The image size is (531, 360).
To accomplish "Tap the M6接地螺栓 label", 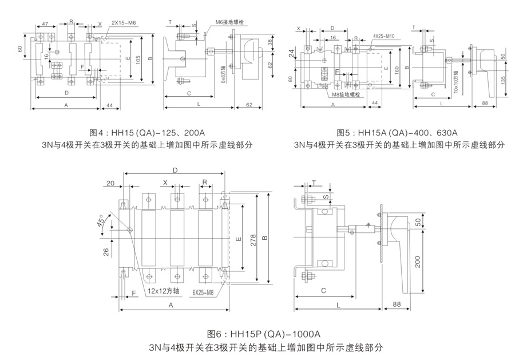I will (231, 22).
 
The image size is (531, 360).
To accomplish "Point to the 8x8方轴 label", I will (223, 73).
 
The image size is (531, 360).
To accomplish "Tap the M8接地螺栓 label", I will (346, 93).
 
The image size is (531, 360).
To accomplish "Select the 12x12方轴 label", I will (163, 290).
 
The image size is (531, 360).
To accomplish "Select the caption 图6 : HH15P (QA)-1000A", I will (264, 334).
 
